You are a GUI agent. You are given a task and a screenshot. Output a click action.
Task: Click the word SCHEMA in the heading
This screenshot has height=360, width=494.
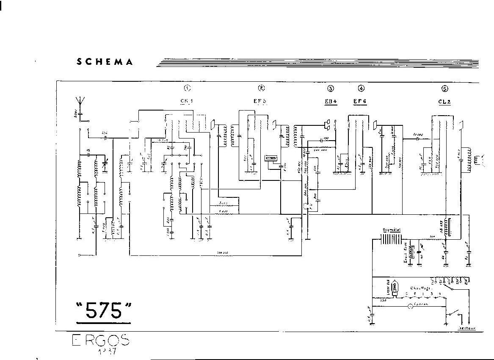tap(105, 62)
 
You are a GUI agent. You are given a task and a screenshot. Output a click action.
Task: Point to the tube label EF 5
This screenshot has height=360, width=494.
tap(260, 102)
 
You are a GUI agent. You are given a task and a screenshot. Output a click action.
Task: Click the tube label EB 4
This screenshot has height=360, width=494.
tap(330, 102)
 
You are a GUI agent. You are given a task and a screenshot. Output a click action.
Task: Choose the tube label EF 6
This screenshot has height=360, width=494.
tap(360, 102)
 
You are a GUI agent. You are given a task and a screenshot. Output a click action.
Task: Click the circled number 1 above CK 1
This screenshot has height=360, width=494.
tap(187, 88)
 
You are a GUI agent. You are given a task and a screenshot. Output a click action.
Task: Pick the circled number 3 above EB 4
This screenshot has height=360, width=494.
tap(330, 89)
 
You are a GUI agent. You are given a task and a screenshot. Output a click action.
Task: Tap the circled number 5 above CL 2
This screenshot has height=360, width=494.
tap(444, 89)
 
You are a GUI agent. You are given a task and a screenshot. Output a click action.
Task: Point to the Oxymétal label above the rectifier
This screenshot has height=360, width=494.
tap(392, 229)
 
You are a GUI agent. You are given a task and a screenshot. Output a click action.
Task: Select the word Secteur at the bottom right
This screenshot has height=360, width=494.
tap(467, 328)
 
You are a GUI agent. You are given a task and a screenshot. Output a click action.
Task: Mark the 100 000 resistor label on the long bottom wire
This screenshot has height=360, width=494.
tap(220, 253)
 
